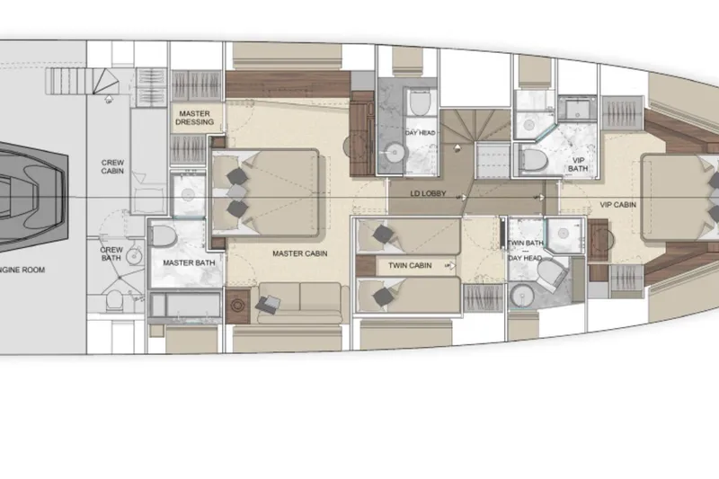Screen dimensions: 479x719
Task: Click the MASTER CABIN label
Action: click(x=300, y=254)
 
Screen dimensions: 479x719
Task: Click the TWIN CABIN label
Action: click(x=410, y=266)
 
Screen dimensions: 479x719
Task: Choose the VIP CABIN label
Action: click(x=618, y=205)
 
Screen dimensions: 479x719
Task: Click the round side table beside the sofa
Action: click(x=238, y=306)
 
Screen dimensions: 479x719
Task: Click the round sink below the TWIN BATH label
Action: click(x=520, y=297)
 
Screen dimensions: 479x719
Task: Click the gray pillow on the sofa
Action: click(x=268, y=305)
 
